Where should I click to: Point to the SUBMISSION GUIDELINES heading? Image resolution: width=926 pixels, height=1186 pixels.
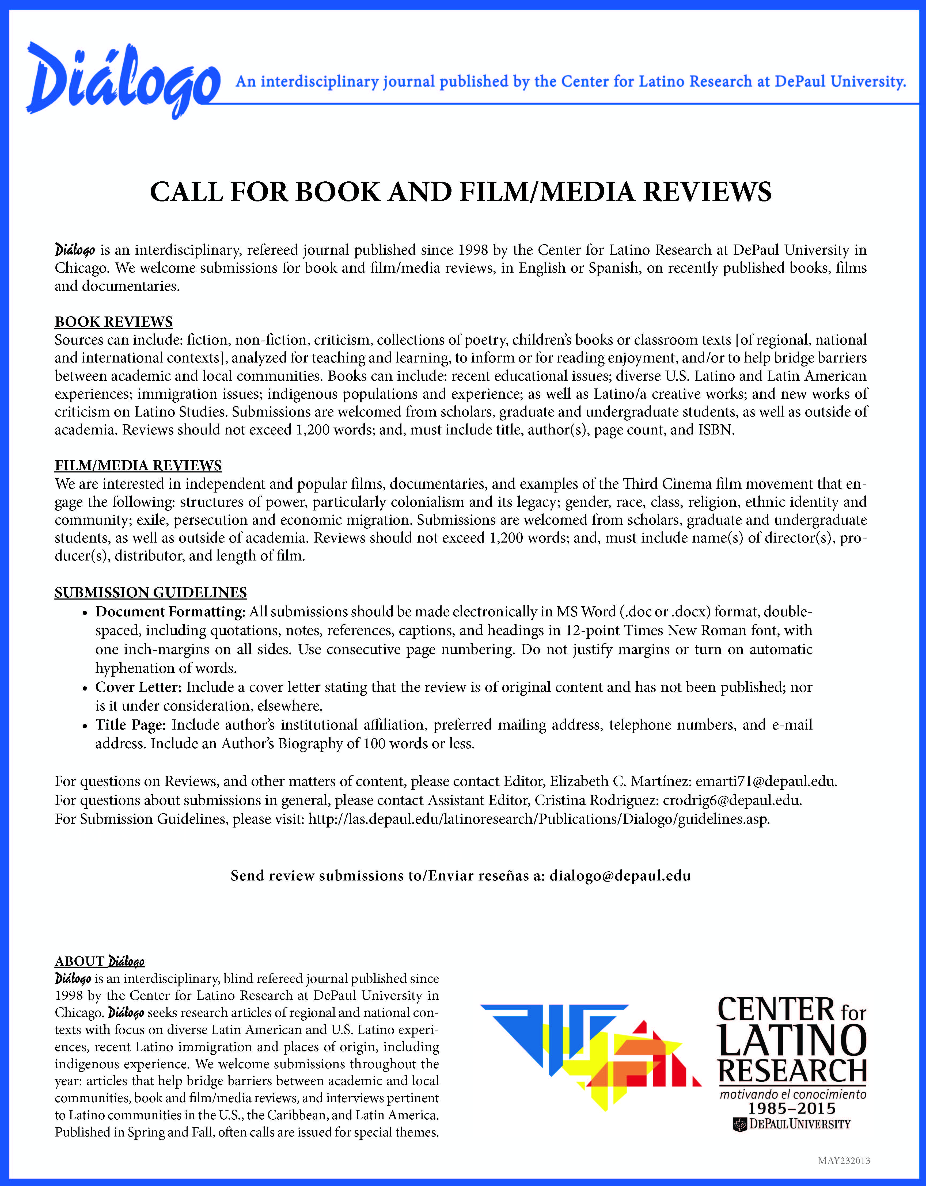point(150,592)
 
